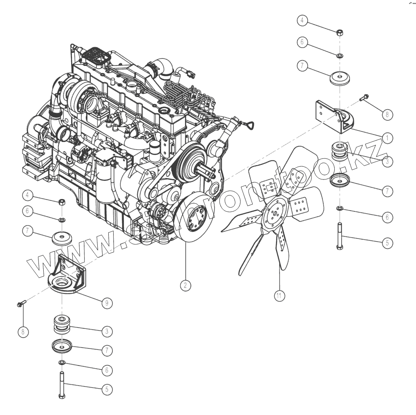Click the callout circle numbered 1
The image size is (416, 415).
pos(387,138)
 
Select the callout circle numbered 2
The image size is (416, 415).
pos(186,285)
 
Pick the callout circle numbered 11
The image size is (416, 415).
pos(280,295)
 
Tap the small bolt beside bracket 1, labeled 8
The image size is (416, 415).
pos(364,98)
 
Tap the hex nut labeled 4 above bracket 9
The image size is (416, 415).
pos(63,201)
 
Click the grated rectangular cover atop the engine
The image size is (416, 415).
pos(96,56)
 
